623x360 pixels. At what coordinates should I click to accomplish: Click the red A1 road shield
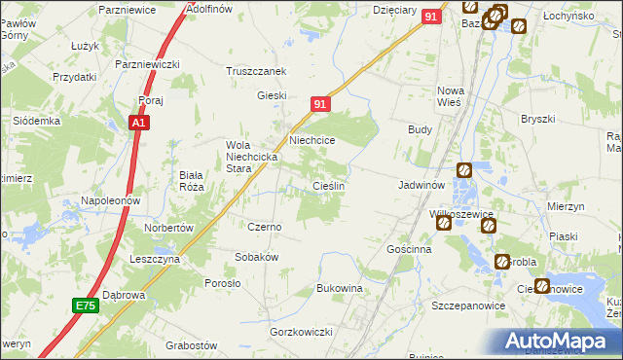pos(139,124)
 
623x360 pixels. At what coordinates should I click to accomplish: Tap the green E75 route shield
pos(86,306)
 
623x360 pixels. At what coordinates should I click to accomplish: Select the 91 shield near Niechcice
pos(322,104)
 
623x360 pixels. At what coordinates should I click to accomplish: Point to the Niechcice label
pos(311,140)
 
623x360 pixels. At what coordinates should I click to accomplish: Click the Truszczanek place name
pos(256,71)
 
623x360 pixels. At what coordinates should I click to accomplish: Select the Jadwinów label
pos(421,184)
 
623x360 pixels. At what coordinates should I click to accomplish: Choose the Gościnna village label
pos(409,249)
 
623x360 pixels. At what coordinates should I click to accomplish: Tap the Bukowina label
pos(340,289)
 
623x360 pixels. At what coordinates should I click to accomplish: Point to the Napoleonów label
pos(112,199)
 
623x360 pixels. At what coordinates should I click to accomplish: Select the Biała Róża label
pos(190,182)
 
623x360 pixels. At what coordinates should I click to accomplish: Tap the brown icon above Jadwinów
pos(464,169)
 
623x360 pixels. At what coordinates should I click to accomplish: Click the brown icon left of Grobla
pos(502,262)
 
